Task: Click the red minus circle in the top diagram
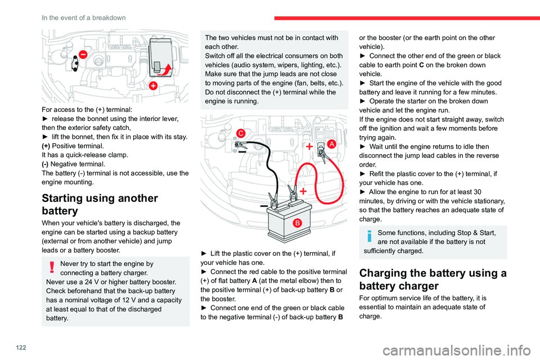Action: (x=83, y=55)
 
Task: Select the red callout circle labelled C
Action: (x=240, y=133)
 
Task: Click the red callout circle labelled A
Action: (x=332, y=143)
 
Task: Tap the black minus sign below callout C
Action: (x=241, y=152)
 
